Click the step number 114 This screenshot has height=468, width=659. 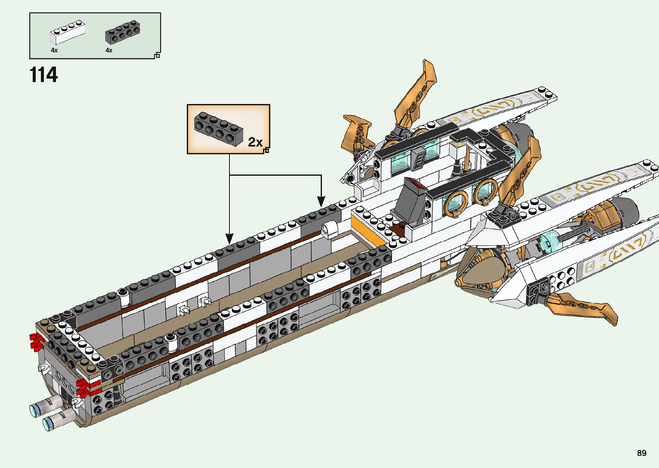pos(43,75)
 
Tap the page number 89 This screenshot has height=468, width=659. pos(641,453)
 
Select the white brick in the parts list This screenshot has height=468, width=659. pos(67,33)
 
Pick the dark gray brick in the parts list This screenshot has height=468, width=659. pos(122,32)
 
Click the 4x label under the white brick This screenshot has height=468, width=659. pos(54,50)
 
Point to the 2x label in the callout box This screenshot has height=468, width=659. pos(255,142)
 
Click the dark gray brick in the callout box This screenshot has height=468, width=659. pos(218,128)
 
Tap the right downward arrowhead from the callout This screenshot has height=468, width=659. pos(321,201)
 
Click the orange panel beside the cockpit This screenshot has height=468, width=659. pos(363,229)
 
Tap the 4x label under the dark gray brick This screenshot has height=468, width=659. pos(109,50)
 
